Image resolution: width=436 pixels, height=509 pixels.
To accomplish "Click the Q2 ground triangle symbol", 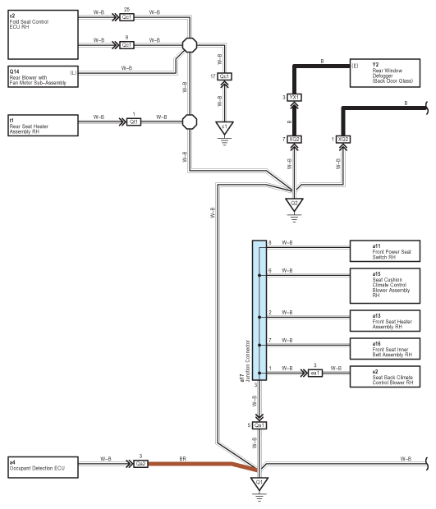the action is pos(294,204).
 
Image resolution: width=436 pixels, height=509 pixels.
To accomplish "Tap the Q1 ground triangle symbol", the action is pos(259,484).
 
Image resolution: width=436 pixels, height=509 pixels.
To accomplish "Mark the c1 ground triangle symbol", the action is pos(224,128).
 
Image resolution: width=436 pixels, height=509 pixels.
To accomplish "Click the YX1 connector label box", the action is pos(294,98).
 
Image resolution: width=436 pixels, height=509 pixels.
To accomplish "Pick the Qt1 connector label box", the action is pos(134,122).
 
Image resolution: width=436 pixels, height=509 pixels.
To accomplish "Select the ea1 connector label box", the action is pos(315,373).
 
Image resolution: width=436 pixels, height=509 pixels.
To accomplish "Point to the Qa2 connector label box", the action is pos(140,464).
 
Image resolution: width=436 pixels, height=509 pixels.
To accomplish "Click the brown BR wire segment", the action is pos(202,464).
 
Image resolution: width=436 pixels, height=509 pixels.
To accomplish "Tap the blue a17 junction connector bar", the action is pos(259,310).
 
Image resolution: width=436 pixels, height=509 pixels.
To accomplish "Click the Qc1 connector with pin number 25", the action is pos(126,17).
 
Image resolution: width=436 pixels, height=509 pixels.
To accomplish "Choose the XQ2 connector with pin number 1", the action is pos(343,140).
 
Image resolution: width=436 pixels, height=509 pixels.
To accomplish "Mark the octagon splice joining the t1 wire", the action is pos(190,122).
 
